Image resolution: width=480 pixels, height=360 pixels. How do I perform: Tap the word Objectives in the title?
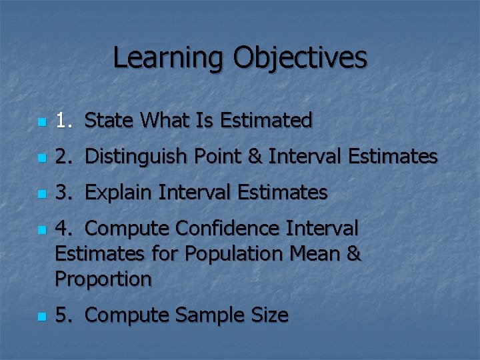click(x=299, y=57)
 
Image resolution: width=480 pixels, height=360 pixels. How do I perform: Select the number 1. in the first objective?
click(x=64, y=120)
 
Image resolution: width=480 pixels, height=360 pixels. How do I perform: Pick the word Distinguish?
click(x=139, y=157)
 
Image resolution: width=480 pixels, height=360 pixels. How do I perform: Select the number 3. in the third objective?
click(x=64, y=193)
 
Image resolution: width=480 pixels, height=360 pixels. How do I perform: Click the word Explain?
click(x=119, y=193)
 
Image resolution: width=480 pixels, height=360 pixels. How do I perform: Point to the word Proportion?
click(x=103, y=279)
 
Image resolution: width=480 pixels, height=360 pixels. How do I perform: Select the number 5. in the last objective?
click(x=64, y=315)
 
